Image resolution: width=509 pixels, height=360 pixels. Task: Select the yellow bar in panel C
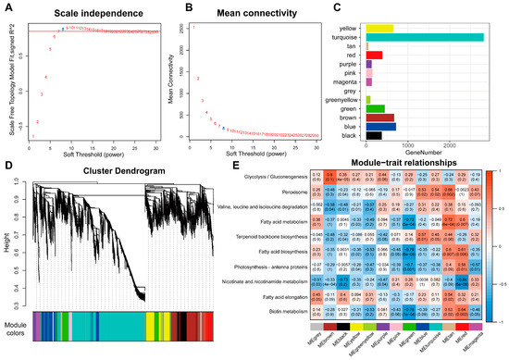(379, 28)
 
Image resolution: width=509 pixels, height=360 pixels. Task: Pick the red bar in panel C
(374, 55)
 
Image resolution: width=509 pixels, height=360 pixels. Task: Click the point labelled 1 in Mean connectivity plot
(194, 27)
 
